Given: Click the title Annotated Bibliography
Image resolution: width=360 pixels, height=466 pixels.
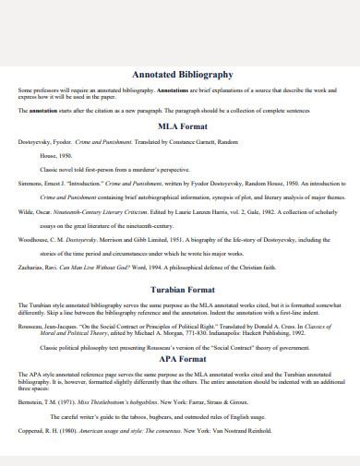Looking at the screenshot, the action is (183, 74).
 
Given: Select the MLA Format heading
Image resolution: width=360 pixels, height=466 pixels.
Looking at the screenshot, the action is (183, 125).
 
